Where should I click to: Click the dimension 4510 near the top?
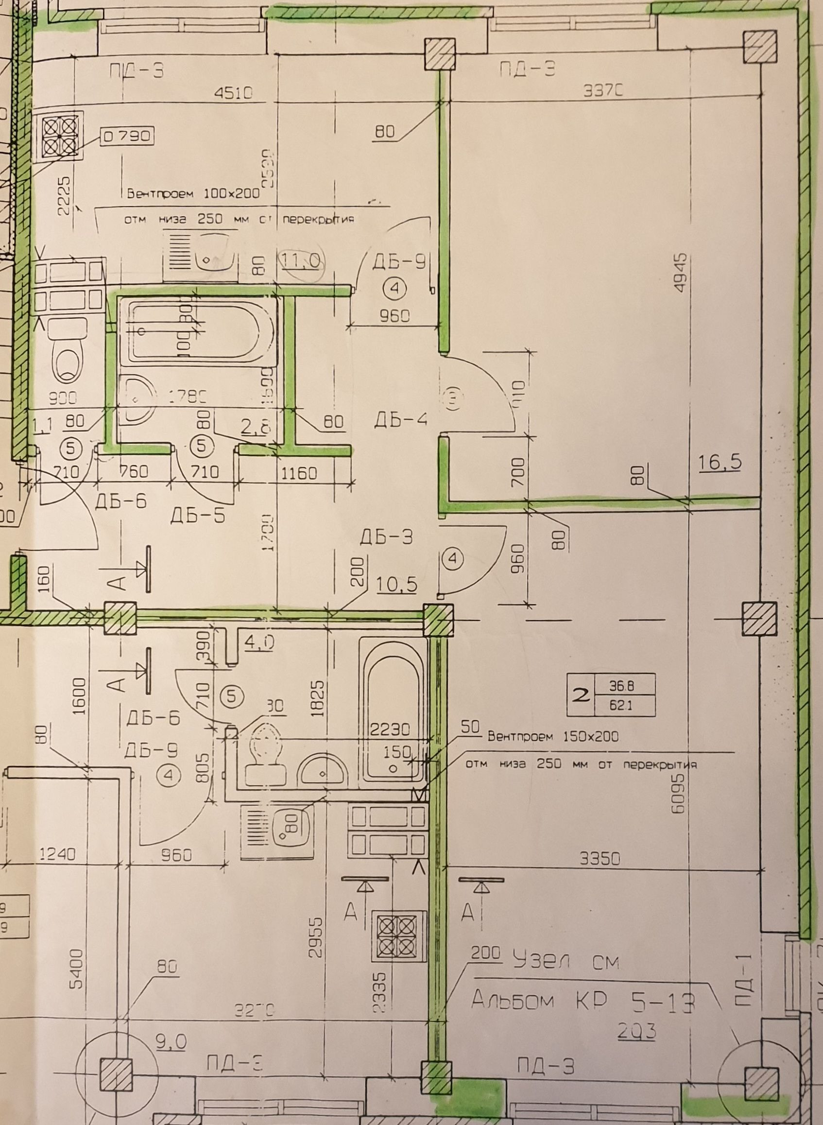pyautogui.click(x=234, y=93)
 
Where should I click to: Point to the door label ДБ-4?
pyautogui.click(x=400, y=420)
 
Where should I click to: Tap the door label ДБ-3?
pyautogui.click(x=387, y=537)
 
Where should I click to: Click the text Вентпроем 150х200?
pyautogui.click(x=553, y=736)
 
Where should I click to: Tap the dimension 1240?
pyautogui.click(x=58, y=854)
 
